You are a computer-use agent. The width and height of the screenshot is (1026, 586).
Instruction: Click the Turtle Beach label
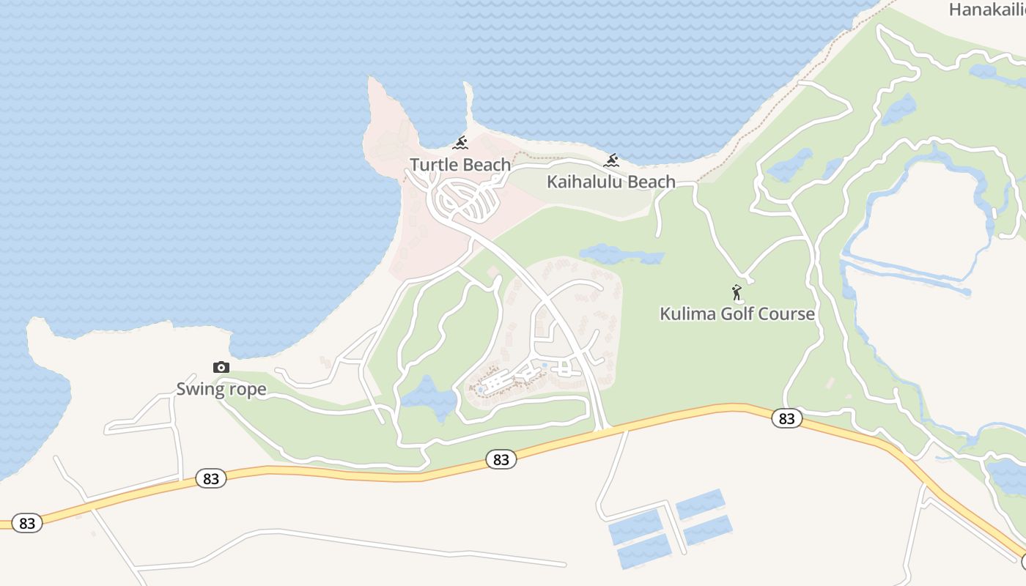460,165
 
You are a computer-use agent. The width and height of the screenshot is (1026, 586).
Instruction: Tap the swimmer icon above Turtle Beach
460,142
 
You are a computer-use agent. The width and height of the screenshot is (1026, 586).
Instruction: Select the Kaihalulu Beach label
611,182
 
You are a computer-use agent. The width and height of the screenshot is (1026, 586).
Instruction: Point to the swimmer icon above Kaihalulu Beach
612,160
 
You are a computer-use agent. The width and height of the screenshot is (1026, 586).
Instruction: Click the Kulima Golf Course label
737,314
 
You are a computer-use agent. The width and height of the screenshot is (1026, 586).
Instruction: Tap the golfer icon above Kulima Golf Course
737,292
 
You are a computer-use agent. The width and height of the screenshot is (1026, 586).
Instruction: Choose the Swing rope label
221,389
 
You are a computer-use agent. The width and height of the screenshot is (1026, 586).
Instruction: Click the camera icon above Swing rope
221,367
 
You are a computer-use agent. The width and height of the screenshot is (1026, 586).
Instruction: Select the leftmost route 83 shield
27,523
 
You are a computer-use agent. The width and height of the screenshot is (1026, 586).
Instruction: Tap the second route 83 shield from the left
211,479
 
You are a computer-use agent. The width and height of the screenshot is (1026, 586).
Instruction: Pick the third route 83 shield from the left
501,460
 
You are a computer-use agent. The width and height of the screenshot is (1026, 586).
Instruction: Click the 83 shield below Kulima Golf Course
786,419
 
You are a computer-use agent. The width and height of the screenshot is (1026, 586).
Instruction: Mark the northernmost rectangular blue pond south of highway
700,504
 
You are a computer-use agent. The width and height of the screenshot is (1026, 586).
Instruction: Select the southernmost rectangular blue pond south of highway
644,551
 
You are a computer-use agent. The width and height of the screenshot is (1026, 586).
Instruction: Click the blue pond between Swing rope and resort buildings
429,398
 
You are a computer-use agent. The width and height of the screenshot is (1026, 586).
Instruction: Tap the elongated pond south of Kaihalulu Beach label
621,255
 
